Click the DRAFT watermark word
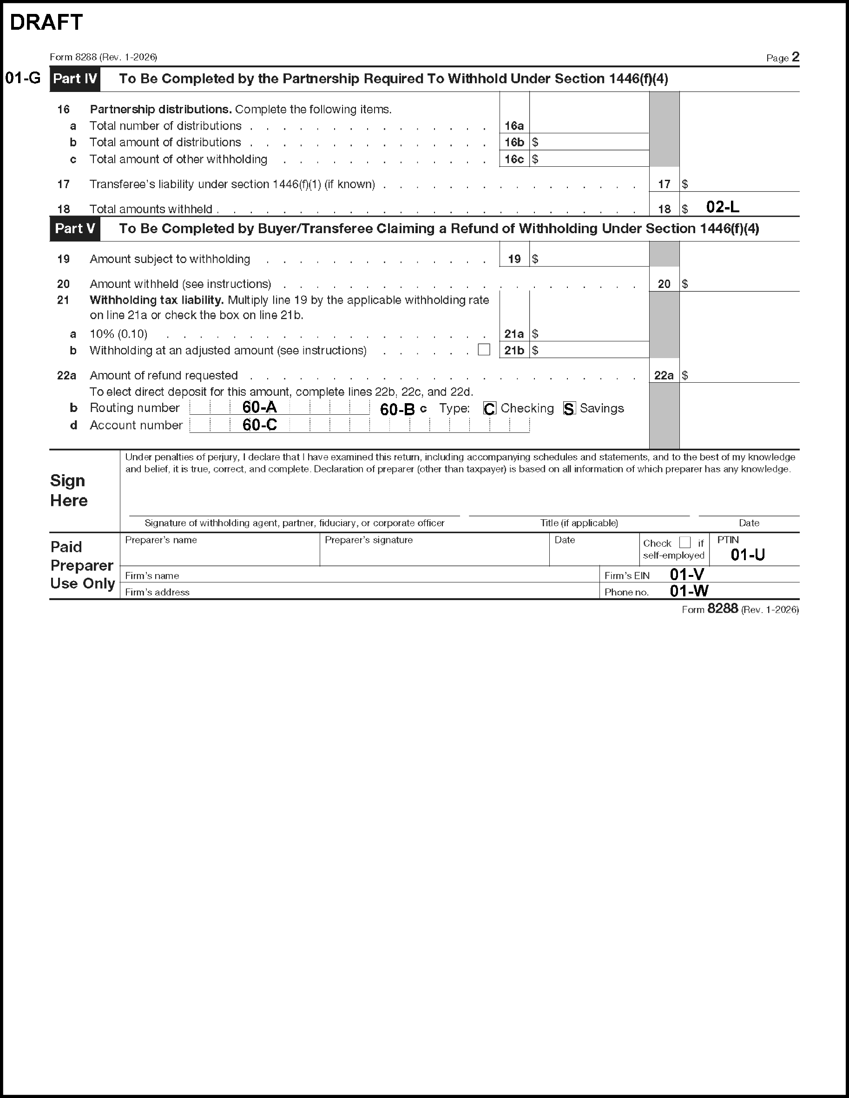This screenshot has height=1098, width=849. coord(46,23)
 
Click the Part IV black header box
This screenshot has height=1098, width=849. coord(75,79)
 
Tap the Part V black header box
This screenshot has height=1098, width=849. coord(75,229)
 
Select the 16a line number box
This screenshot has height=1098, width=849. coord(514,126)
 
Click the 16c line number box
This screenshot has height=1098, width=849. coord(514,159)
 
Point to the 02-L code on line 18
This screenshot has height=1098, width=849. coord(722,207)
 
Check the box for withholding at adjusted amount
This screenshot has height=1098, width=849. coord(484,349)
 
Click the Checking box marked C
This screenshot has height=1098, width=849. coord(489,408)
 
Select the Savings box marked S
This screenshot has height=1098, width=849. coord(569,408)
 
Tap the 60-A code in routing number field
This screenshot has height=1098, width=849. coord(259,407)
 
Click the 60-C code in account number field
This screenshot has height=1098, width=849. coord(259,425)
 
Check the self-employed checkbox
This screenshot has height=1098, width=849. coord(684,542)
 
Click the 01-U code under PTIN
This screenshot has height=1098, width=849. coord(747,555)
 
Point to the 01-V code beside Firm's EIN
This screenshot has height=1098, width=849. coord(687,574)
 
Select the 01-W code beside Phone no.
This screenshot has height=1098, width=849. coord(689,591)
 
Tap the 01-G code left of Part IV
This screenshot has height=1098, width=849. coord(23,78)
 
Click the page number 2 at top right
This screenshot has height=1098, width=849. coord(795,57)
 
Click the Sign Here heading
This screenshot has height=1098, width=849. coord(69,490)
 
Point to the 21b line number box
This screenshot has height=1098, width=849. coord(514,350)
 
